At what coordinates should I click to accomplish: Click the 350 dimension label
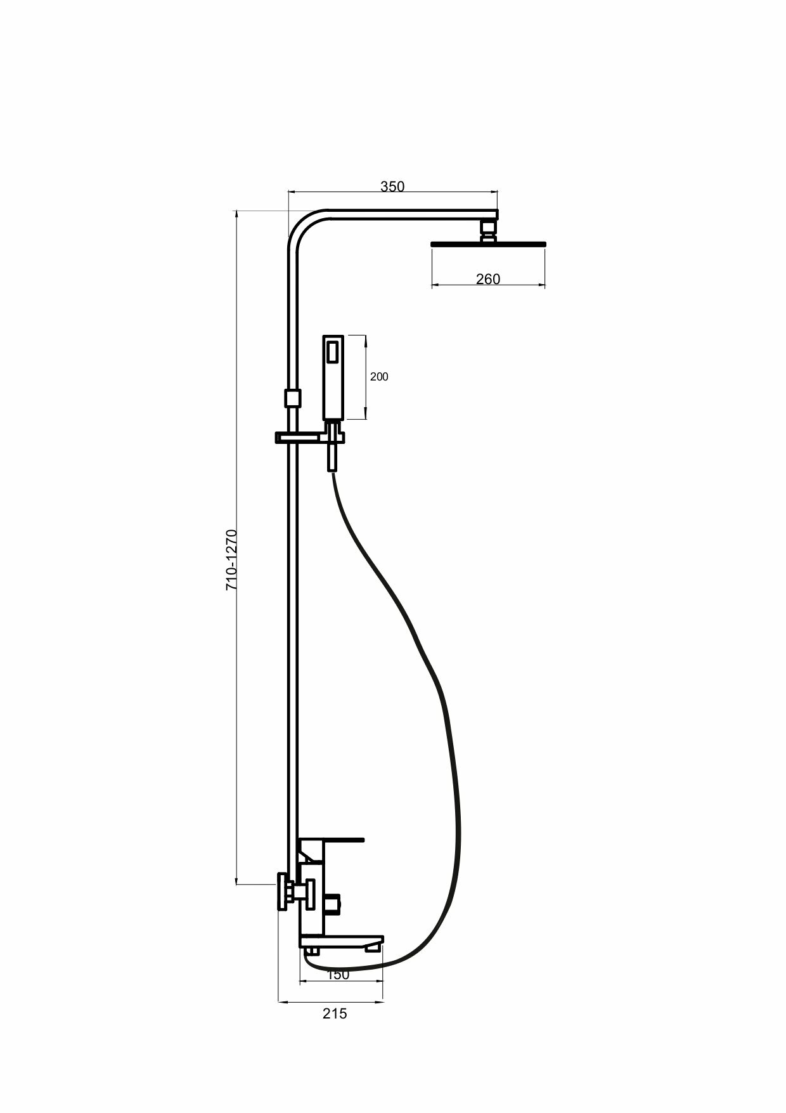392,186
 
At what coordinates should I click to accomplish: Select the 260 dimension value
487,279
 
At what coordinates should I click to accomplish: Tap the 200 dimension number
379,377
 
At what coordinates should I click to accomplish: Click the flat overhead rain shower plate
487,244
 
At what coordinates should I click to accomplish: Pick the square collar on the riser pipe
292,398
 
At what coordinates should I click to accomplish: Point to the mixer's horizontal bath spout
342,940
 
